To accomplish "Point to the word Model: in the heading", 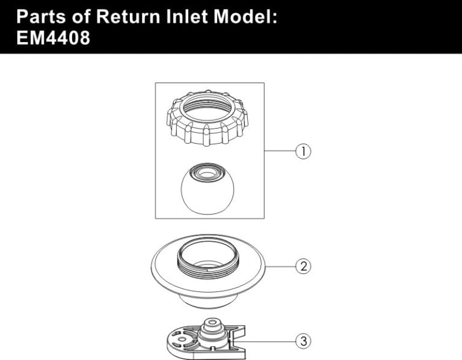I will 247,16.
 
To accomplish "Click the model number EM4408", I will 53,38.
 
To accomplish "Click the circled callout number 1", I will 303,151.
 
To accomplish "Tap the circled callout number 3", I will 303,341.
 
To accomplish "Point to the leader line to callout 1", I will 279,151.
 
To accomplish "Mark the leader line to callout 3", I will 271,341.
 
